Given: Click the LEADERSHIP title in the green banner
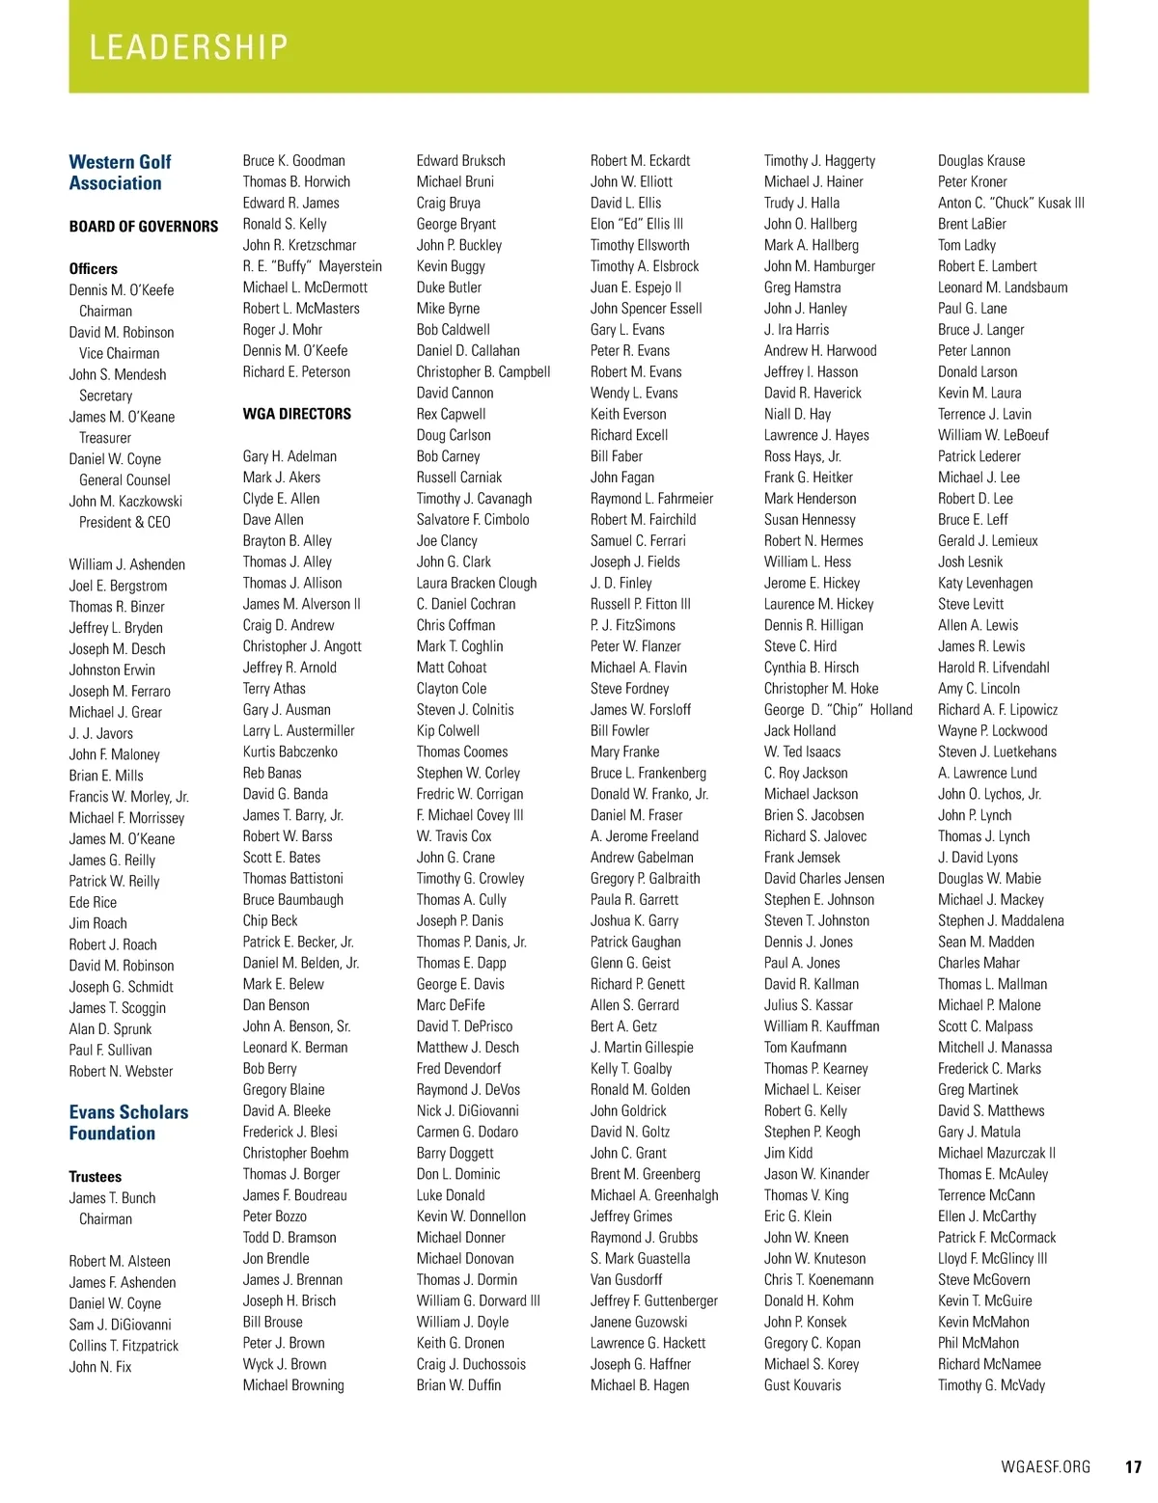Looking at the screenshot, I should pos(188,47).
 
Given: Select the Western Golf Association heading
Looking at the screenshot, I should pos(120,173).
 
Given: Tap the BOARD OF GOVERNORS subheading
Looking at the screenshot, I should pos(144,227).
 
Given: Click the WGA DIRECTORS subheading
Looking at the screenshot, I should pos(297,414).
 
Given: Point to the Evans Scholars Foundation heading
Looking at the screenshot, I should pos(128,1123).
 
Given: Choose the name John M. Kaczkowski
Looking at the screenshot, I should pos(125,502).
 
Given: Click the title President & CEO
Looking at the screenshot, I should pos(124,523).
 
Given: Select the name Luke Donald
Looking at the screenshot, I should pos(451,1195).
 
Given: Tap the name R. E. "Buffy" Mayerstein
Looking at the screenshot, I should pos(313,266).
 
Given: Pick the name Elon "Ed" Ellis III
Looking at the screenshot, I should pos(637,224).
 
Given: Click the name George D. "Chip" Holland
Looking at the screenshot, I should pos(838,710).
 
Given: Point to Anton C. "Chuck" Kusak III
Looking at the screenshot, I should pos(1011,203).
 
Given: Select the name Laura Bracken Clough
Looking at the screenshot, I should pos(477,583).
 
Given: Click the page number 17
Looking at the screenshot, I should pos(1133,1467).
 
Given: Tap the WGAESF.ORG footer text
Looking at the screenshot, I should pos(1045,1467).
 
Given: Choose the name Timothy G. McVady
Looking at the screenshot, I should pos(991,1385).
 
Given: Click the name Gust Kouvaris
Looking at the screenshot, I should pos(802,1385).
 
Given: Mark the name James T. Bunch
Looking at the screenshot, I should pos(112,1198).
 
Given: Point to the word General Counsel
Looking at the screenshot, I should pos(124,480).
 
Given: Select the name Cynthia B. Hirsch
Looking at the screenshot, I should pos(812,668).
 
